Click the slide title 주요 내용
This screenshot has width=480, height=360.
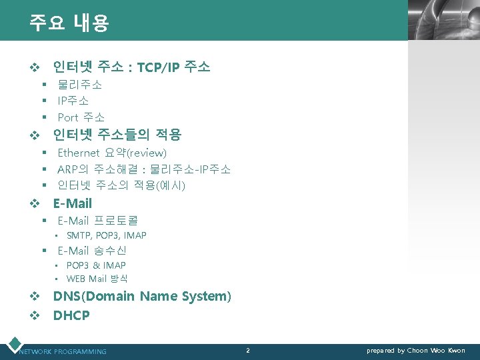[69, 23]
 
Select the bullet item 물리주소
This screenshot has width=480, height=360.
[79, 85]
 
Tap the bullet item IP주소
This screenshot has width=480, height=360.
[73, 101]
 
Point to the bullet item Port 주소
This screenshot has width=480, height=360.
[81, 117]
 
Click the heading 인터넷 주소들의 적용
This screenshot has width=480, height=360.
[117, 135]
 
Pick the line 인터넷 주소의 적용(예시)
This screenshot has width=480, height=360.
[121, 185]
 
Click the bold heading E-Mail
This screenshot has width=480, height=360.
[73, 203]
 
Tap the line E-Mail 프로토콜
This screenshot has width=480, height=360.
[97, 220]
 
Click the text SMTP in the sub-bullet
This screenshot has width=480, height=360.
[79, 235]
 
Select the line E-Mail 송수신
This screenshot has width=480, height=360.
[92, 251]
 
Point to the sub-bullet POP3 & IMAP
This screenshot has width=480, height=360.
[96, 265]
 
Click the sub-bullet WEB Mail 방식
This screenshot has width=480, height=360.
[97, 279]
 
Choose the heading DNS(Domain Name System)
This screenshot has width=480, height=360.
[142, 296]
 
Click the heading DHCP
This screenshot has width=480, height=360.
[71, 315]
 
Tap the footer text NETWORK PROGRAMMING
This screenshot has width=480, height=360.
[63, 351]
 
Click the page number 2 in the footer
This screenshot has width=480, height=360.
[248, 350]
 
